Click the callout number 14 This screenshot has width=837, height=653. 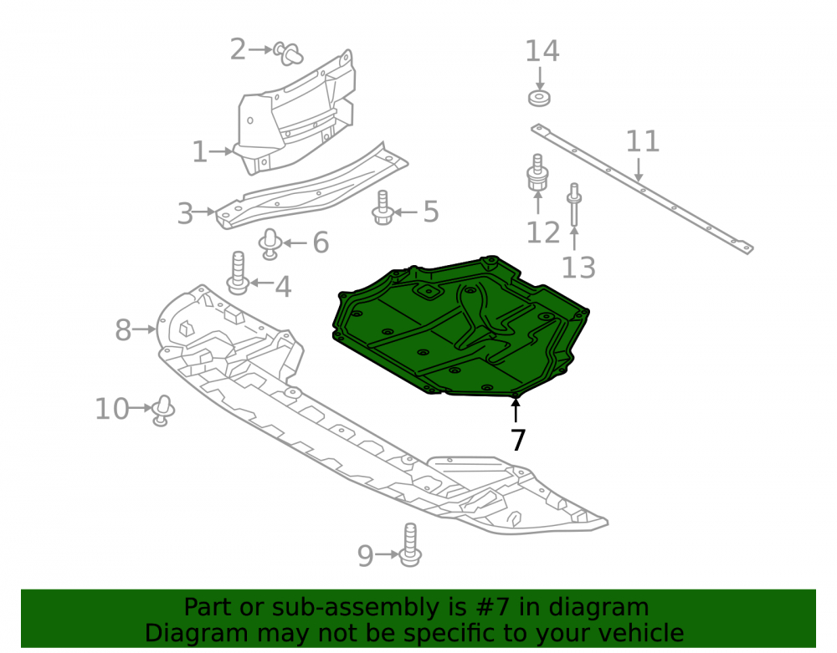(542, 51)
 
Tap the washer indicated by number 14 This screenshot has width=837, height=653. (540, 99)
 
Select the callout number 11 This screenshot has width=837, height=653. (642, 142)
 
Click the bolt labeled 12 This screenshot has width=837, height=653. (537, 173)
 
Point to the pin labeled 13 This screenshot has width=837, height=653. (574, 205)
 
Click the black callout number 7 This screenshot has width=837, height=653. (518, 440)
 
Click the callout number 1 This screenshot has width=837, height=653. (199, 152)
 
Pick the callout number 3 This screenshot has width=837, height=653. (185, 213)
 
